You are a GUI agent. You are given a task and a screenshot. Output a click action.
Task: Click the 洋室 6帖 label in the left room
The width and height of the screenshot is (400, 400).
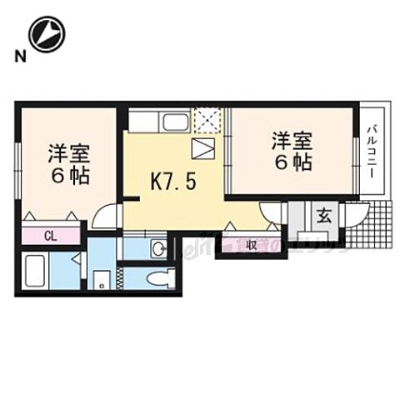[x=68, y=165]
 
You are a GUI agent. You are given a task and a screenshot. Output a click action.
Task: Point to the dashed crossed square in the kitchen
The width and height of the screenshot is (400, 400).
[x=204, y=121]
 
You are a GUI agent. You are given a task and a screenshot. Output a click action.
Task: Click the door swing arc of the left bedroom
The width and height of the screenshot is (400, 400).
[x=103, y=218]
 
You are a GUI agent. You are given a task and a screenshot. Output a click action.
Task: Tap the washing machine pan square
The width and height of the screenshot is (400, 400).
[x=102, y=278]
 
